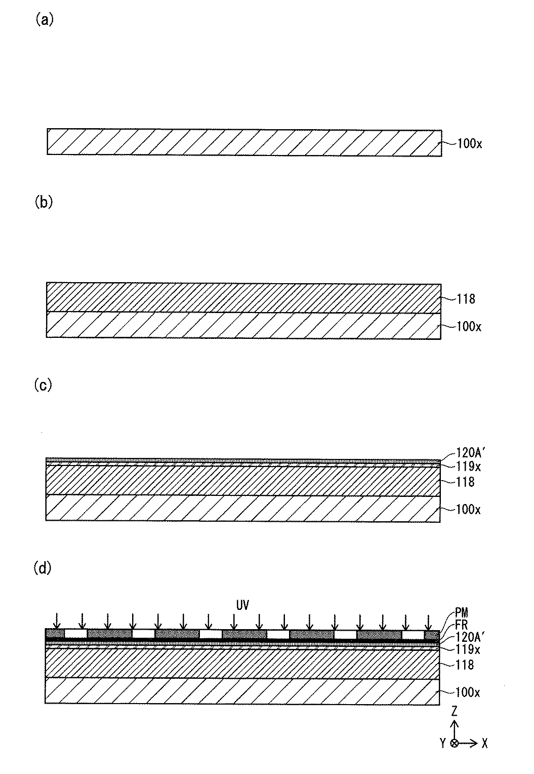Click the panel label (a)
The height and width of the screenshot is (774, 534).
44,20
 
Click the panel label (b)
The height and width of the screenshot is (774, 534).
44,202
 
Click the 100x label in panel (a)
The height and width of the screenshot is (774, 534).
469,143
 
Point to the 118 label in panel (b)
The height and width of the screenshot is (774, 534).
466,299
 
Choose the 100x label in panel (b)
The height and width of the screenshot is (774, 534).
469,326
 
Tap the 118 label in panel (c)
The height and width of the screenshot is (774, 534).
466,482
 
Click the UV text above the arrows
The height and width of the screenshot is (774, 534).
242,605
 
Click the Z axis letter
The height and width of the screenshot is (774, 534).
455,712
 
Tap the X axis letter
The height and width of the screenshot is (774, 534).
485,743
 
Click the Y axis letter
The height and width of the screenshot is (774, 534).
442,743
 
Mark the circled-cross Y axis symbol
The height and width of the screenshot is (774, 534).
454,743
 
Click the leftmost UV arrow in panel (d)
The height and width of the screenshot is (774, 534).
58,620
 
